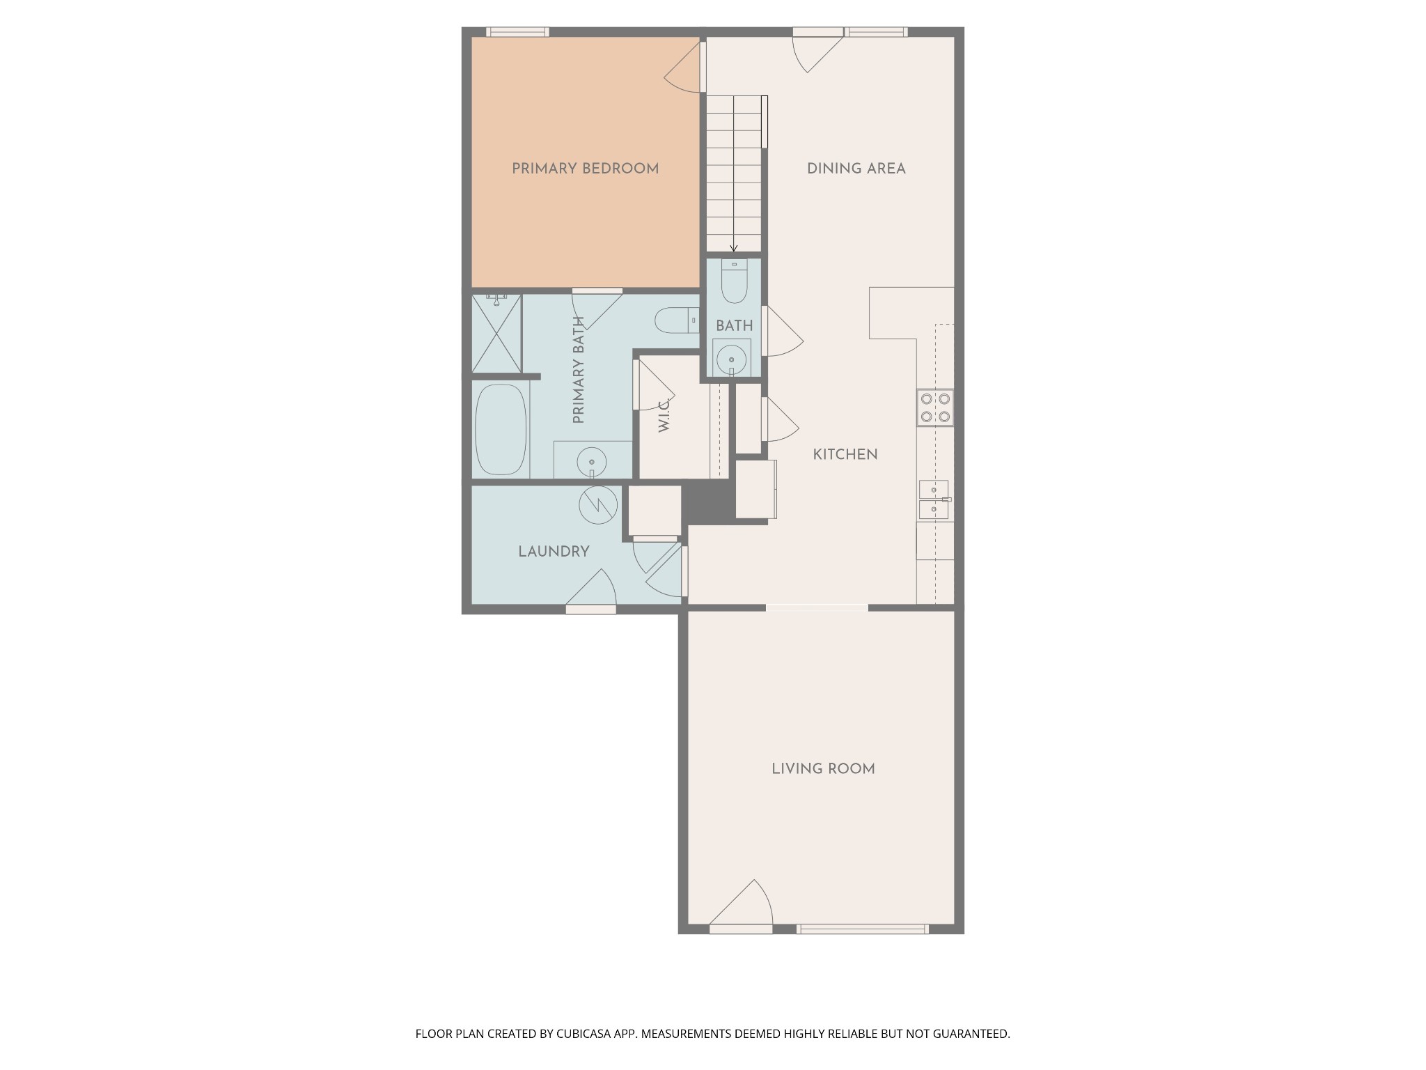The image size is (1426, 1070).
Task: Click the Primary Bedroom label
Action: pos(585,169)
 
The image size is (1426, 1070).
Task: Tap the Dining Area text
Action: pos(856,169)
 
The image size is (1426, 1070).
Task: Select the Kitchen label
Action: pos(845,454)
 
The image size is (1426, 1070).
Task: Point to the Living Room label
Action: pos(823,768)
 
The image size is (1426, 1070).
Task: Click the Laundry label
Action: pos(554,552)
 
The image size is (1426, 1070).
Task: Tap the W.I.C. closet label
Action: pos(664,415)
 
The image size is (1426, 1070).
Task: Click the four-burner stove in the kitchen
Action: pos(935,408)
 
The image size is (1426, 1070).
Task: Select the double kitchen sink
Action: pos(934,499)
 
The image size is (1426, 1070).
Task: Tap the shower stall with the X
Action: pos(496,334)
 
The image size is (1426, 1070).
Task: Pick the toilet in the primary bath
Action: pos(677,320)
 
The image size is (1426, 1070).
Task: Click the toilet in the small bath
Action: pos(734,281)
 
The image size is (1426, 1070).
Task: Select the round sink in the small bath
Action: pos(731,360)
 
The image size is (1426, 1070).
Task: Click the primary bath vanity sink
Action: pos(592,462)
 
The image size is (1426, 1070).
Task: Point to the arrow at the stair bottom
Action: pos(734,248)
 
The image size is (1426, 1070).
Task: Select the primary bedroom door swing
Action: pos(682,67)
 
